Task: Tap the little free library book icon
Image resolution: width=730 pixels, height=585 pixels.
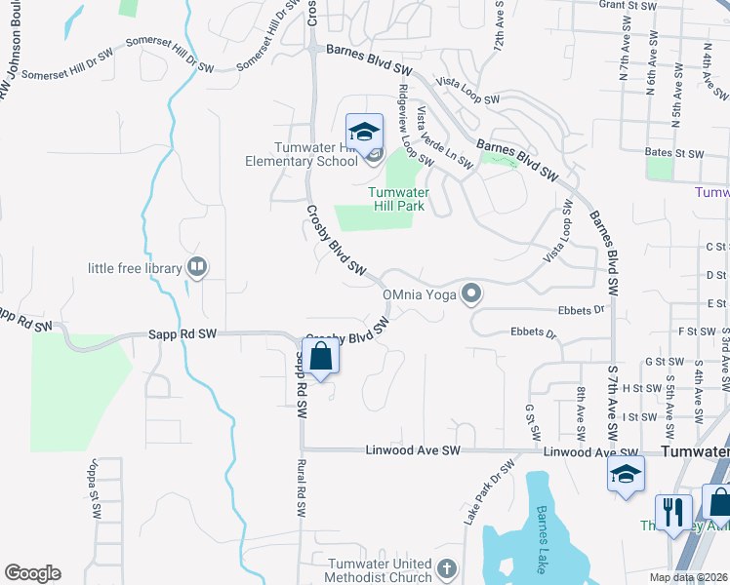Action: click(x=197, y=267)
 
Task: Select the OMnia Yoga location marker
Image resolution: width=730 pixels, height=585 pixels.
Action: click(x=472, y=292)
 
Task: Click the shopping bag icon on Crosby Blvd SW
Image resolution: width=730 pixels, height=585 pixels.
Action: click(x=320, y=358)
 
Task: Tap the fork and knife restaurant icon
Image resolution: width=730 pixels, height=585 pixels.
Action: click(x=673, y=512)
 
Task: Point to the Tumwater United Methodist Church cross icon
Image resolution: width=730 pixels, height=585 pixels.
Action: click(x=446, y=567)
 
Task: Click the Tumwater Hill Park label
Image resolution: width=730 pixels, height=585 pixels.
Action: click(x=396, y=199)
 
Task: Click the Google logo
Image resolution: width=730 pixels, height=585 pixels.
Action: click(x=32, y=573)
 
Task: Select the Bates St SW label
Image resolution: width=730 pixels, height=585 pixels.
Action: click(x=674, y=154)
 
